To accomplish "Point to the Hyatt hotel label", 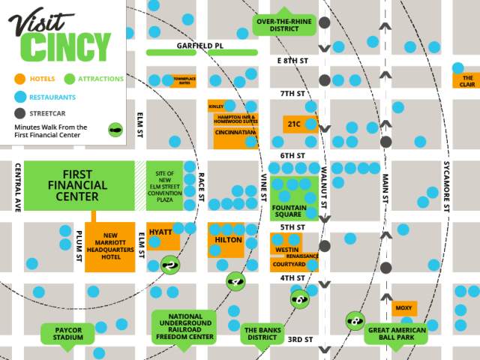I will click(x=161, y=232).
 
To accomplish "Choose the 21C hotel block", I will click(x=294, y=123).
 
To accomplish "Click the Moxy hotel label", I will click(x=404, y=308).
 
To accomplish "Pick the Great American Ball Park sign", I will click(x=395, y=334).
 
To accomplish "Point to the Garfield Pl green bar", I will click(x=201, y=52).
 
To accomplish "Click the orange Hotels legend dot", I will click(x=20, y=78).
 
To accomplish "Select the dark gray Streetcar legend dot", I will click(x=20, y=113).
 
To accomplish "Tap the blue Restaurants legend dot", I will click(x=20, y=96).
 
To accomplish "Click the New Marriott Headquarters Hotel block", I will click(x=109, y=247).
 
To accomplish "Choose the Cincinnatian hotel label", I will click(x=235, y=133).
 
